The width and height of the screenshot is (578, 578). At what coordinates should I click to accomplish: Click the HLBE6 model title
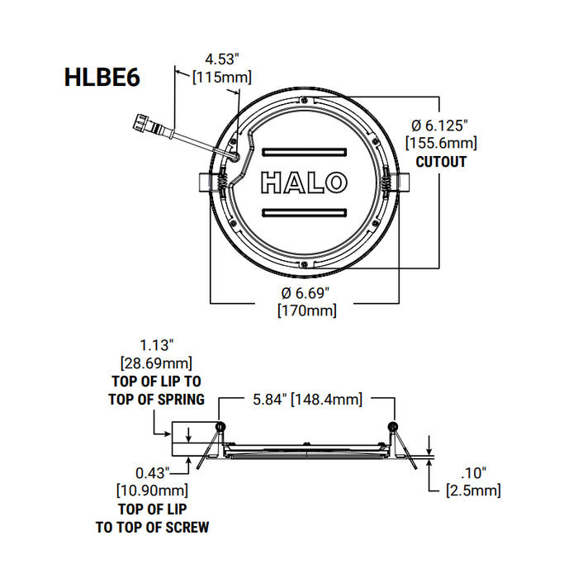click(x=102, y=77)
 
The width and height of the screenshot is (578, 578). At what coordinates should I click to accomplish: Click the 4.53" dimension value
click(x=221, y=59)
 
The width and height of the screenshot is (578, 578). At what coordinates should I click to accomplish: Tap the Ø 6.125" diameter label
click(x=440, y=126)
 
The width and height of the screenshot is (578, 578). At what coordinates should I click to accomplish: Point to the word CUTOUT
click(x=441, y=162)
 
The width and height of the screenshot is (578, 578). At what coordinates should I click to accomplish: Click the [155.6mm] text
click(x=441, y=144)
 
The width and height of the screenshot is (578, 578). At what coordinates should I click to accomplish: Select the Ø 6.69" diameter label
click(x=305, y=293)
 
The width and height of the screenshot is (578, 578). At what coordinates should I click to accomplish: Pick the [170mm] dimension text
click(x=305, y=310)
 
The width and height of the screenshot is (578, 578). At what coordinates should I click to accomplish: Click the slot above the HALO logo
click(x=303, y=153)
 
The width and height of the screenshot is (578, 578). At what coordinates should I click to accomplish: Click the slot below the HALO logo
click(x=303, y=212)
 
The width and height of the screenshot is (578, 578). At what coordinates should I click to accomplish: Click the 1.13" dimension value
click(x=157, y=346)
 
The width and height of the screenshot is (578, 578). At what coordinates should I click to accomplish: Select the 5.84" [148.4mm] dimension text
click(x=305, y=400)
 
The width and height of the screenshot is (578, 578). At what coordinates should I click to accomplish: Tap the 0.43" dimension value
click(x=154, y=472)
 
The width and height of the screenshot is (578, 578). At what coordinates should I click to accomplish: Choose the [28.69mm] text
click(x=157, y=363)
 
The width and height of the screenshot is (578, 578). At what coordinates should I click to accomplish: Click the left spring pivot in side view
click(x=219, y=426)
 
